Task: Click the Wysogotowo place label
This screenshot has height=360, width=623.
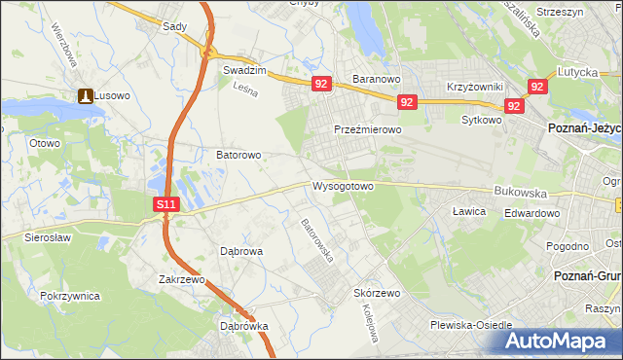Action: tap(342, 185)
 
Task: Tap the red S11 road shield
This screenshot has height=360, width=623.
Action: tap(166, 204)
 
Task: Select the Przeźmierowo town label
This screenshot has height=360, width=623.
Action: tap(367, 129)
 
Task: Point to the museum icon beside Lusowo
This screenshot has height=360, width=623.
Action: tap(84, 95)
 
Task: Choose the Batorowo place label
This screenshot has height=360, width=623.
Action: tap(238, 155)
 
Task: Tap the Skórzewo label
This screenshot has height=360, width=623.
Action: tap(378, 292)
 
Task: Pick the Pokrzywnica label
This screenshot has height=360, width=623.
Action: tap(71, 294)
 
